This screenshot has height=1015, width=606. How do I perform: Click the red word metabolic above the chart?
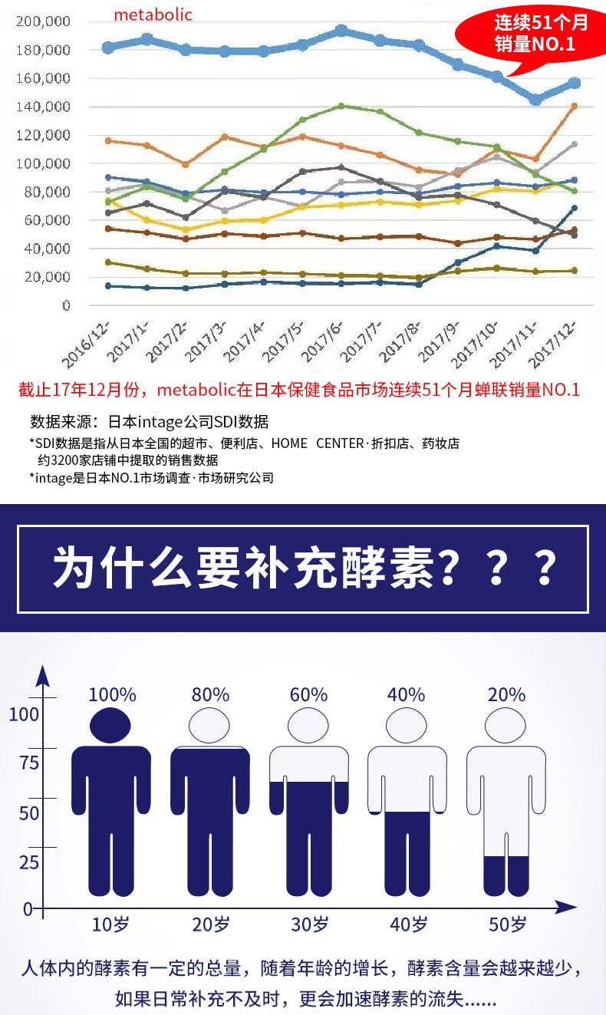click(x=153, y=15)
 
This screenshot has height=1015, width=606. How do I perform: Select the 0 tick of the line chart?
click(x=66, y=305)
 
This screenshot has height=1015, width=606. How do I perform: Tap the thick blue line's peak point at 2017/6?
click(x=341, y=31)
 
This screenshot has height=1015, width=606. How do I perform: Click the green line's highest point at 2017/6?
click(x=341, y=106)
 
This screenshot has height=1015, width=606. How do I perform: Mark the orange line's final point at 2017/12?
click(x=574, y=107)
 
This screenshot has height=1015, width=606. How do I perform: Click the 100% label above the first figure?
click(x=112, y=695)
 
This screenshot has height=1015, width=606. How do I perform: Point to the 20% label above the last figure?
click(x=506, y=695)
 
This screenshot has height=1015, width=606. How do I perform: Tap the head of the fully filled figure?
click(x=110, y=725)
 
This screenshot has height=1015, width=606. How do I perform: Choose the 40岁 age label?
click(x=408, y=924)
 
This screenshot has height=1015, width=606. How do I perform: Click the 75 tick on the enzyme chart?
click(x=29, y=763)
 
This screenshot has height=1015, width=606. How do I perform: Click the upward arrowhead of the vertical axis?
click(x=44, y=676)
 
